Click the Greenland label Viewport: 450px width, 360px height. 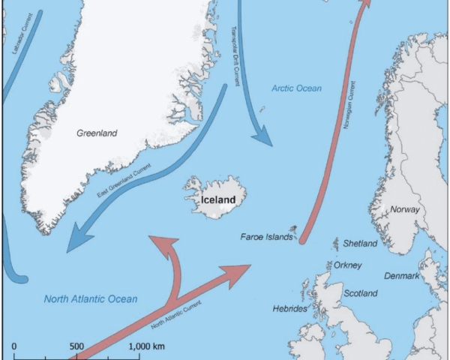coord(97,133)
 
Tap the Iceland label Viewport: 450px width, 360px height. coord(223,200)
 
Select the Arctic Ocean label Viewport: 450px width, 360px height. coord(296,88)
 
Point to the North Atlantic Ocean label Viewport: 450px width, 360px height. coord(91,299)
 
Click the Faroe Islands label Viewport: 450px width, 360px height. coord(266,237)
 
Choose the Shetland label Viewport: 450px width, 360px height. coord(361,244)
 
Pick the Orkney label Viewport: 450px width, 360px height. coord(348,265)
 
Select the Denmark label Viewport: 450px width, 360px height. coord(402,276)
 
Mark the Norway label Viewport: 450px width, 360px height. coord(405,210)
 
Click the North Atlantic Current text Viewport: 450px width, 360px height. coord(177,316)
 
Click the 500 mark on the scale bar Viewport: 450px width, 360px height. coord(76,346)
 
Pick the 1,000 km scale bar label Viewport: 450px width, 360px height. coord(147,346)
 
